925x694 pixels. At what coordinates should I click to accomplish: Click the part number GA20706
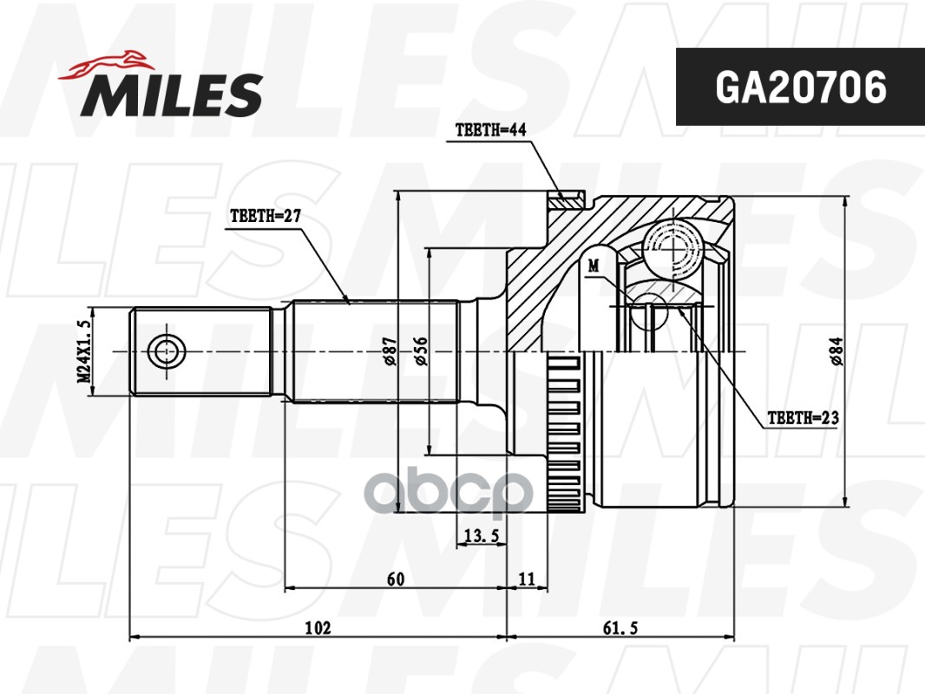(x=800, y=88)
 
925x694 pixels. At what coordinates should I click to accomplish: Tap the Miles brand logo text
(x=173, y=95)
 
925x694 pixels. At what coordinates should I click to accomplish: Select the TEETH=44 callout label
(x=491, y=131)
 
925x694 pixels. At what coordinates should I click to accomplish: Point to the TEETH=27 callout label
(x=265, y=217)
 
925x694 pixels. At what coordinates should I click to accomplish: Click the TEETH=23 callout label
(x=803, y=418)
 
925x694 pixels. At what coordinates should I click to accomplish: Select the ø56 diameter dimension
(x=422, y=350)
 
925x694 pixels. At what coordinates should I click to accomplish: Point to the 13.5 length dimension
(x=481, y=536)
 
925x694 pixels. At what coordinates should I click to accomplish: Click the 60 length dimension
(x=397, y=578)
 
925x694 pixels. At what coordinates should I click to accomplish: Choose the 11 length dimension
(x=526, y=578)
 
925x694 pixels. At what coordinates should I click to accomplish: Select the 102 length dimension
(x=318, y=627)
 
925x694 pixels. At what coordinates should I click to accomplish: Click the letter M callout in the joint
(x=594, y=265)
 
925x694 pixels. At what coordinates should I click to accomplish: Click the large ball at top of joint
(x=677, y=246)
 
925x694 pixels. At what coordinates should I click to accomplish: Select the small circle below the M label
(x=649, y=311)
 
